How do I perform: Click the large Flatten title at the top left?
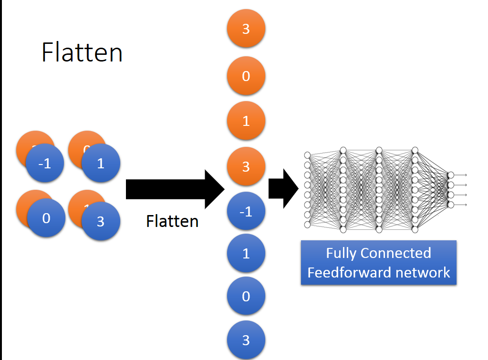point(82,52)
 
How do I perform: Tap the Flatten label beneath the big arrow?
point(172,221)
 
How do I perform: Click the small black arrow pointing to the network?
point(283,189)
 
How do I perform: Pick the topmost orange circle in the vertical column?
point(246,29)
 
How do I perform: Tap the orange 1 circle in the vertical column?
point(246,121)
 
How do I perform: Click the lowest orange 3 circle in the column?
point(246,166)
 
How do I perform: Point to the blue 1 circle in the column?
point(246,253)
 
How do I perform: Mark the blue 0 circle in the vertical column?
point(246,296)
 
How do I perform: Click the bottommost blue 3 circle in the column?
point(246,339)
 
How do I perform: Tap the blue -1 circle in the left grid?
point(44,164)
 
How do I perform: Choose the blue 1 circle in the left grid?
point(100,164)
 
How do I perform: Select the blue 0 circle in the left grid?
point(46,218)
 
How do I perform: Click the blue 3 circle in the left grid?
point(100,221)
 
